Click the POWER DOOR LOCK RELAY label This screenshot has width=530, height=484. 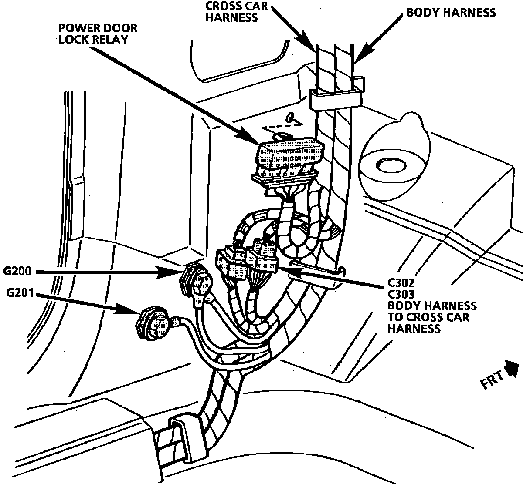(98, 34)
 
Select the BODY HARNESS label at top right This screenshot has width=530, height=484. (451, 12)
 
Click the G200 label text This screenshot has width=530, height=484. (17, 272)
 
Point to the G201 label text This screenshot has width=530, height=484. (20, 292)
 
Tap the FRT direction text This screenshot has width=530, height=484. (492, 383)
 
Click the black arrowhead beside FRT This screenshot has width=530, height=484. (513, 369)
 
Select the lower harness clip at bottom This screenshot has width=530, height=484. (178, 440)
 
